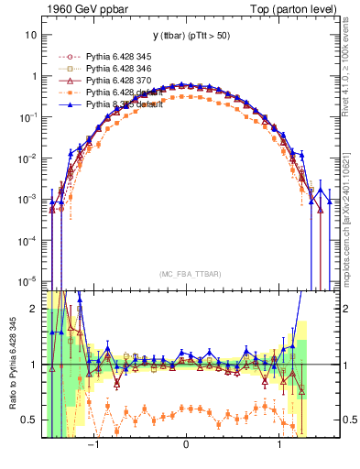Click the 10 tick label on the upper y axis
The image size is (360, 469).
point(30,35)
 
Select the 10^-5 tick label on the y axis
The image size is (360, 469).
point(28,280)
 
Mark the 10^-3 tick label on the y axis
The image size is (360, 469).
point(28,199)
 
